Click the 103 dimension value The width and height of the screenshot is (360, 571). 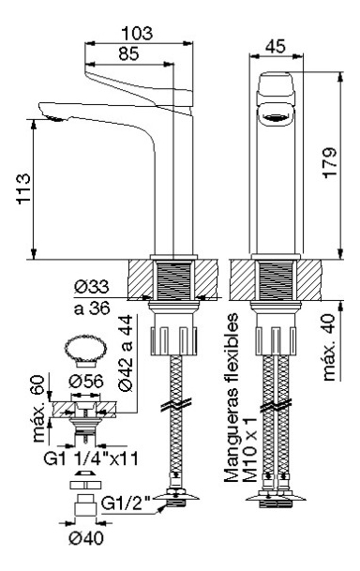[x=137, y=34]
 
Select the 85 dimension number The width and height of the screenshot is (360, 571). [x=128, y=53]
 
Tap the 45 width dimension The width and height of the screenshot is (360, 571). [x=276, y=46]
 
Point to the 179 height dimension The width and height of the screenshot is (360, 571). [x=330, y=162]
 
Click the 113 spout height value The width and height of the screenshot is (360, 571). [x=24, y=189]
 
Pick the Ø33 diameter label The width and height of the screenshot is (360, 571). [x=92, y=287]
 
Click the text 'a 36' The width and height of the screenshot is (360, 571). [x=92, y=308]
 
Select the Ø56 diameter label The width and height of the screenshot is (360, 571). [x=86, y=382]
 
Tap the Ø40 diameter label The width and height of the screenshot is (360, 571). [x=86, y=538]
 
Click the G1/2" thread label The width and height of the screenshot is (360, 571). [x=126, y=503]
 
